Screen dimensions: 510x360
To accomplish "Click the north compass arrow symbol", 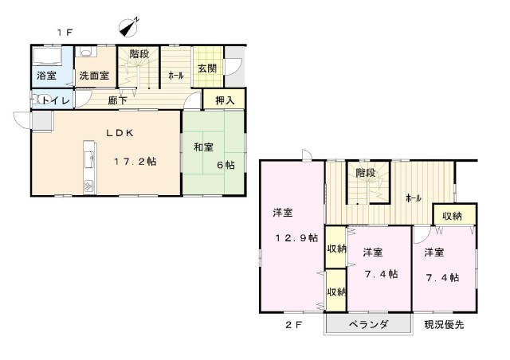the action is (129, 27).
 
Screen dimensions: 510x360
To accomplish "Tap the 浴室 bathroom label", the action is (46, 76).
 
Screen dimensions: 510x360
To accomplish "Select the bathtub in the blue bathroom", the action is (48, 56).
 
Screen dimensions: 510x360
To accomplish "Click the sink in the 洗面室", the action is (87, 52).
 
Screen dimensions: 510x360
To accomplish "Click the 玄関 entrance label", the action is (207, 68).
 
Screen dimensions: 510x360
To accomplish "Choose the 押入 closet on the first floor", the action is (224, 99).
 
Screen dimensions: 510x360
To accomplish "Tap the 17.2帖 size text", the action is (135, 162).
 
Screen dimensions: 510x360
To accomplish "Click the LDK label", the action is (120, 133).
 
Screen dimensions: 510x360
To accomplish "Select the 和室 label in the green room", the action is (204, 147).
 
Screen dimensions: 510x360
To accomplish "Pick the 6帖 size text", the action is (226, 165).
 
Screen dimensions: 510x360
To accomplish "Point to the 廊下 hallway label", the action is (117, 100).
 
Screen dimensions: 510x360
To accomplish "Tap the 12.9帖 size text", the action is (296, 238).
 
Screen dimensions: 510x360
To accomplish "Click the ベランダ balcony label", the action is (368, 324).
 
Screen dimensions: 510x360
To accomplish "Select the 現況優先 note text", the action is (444, 324).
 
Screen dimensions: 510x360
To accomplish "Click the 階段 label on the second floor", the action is (366, 173).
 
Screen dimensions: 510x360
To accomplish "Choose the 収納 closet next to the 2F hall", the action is (455, 215).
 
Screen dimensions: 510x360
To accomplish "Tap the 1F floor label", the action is (65, 33).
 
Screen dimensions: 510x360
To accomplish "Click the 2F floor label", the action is (294, 324).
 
